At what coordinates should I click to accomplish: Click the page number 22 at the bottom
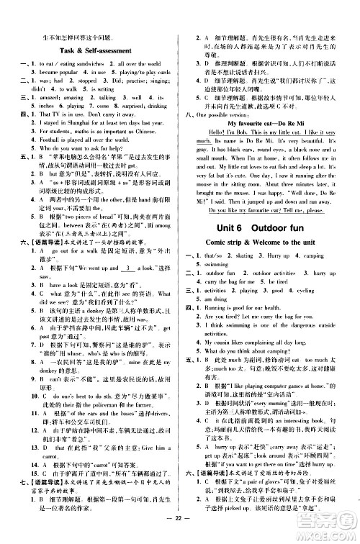[x=180, y=531]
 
